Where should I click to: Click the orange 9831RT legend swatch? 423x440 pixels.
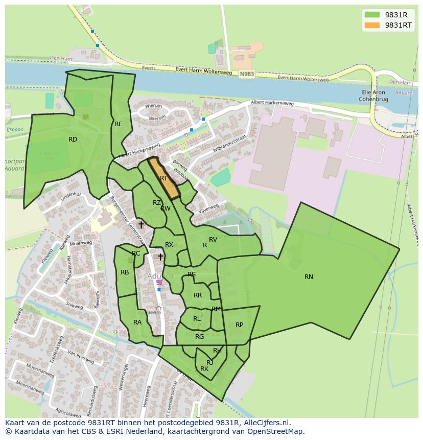coord(372,25)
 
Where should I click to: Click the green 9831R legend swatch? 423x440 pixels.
coord(372,14)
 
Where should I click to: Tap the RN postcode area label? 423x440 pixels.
coord(309,277)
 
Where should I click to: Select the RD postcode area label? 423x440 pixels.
coord(73,140)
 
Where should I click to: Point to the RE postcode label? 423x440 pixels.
coord(119,124)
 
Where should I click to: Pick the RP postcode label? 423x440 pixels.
coord(239,325)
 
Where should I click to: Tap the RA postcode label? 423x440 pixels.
coord(137,322)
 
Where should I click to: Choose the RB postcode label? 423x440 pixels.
coord(125,272)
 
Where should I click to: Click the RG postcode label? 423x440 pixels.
coord(199,337)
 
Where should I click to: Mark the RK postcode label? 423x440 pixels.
coord(204,369)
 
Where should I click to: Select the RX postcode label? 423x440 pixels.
coord(169,245)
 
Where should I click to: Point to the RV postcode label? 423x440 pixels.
coord(213,240)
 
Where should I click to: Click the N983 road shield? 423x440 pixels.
coord(246,74)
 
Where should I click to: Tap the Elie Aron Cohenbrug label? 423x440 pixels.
coord(372,96)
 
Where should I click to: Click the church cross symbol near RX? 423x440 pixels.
coord(160,257)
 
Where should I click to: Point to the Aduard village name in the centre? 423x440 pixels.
coord(160,276)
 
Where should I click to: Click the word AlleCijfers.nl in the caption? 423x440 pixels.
coord(266,423)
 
